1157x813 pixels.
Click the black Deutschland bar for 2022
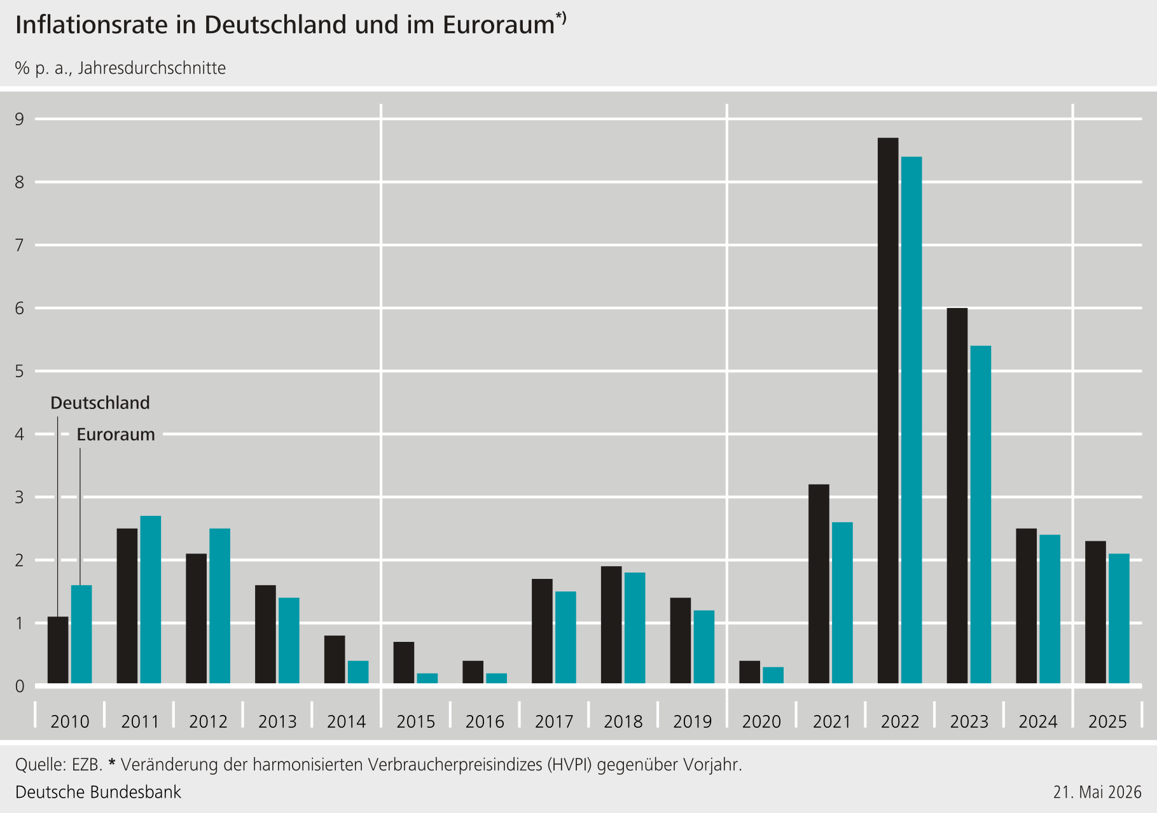[x=888, y=411]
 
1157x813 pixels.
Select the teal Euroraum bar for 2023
[x=980, y=515]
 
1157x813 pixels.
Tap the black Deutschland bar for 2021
[x=819, y=584]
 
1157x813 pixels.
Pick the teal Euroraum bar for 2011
[x=151, y=600]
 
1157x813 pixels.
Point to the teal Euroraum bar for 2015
[x=427, y=679]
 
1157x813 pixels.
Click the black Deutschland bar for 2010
[x=58, y=650]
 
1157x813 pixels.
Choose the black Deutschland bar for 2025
[x=1095, y=613]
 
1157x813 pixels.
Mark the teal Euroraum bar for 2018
[x=635, y=629]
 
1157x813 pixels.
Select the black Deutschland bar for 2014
[x=335, y=660]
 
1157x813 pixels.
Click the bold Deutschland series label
[x=100, y=403]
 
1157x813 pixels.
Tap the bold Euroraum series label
[x=116, y=434]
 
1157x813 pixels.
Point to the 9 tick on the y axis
[x=20, y=119]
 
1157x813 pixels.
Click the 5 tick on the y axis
[x=20, y=371]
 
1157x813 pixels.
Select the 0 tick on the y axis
[x=20, y=686]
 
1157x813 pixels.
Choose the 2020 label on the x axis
[x=761, y=721]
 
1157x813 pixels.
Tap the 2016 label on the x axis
[x=485, y=721]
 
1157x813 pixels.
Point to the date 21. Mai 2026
[x=1097, y=792]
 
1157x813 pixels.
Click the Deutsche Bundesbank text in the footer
[x=98, y=792]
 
